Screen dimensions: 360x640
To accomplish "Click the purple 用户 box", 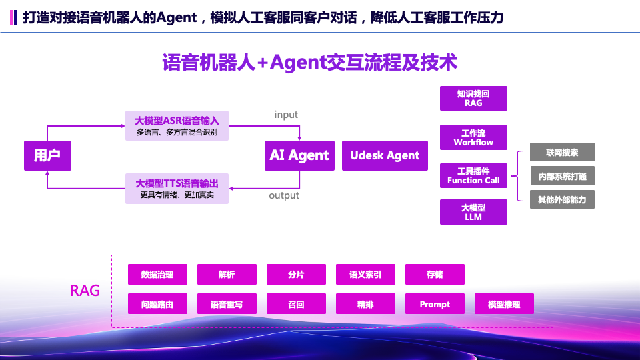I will coord(47,155).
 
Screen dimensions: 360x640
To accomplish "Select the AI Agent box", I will coord(299,155).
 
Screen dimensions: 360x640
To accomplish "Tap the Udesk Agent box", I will coord(385,155).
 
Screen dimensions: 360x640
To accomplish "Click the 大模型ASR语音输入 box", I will coord(177,125).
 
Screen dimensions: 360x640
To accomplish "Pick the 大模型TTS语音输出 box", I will coord(177,189).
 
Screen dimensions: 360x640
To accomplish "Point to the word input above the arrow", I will coord(286,115).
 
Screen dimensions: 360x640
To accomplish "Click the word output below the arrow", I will coord(284,195).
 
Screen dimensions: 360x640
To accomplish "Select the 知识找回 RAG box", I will coord(473,98).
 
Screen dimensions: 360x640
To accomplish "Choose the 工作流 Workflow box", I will coord(473,137).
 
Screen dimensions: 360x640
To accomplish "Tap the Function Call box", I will coord(473,176).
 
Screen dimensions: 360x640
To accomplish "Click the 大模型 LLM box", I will coord(473,212).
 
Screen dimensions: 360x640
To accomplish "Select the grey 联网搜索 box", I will coord(562,152).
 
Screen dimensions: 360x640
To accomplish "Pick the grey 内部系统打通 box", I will coord(562,176).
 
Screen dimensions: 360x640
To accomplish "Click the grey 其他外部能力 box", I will coord(562,199).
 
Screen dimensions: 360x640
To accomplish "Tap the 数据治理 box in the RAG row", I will coord(157,274).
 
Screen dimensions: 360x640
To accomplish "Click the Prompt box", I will coord(435,304).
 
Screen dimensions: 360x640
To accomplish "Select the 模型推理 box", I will coord(504,304).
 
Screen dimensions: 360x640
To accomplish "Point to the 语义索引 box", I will coord(365,274).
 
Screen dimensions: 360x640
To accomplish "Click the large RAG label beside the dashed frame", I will coord(85,291).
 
